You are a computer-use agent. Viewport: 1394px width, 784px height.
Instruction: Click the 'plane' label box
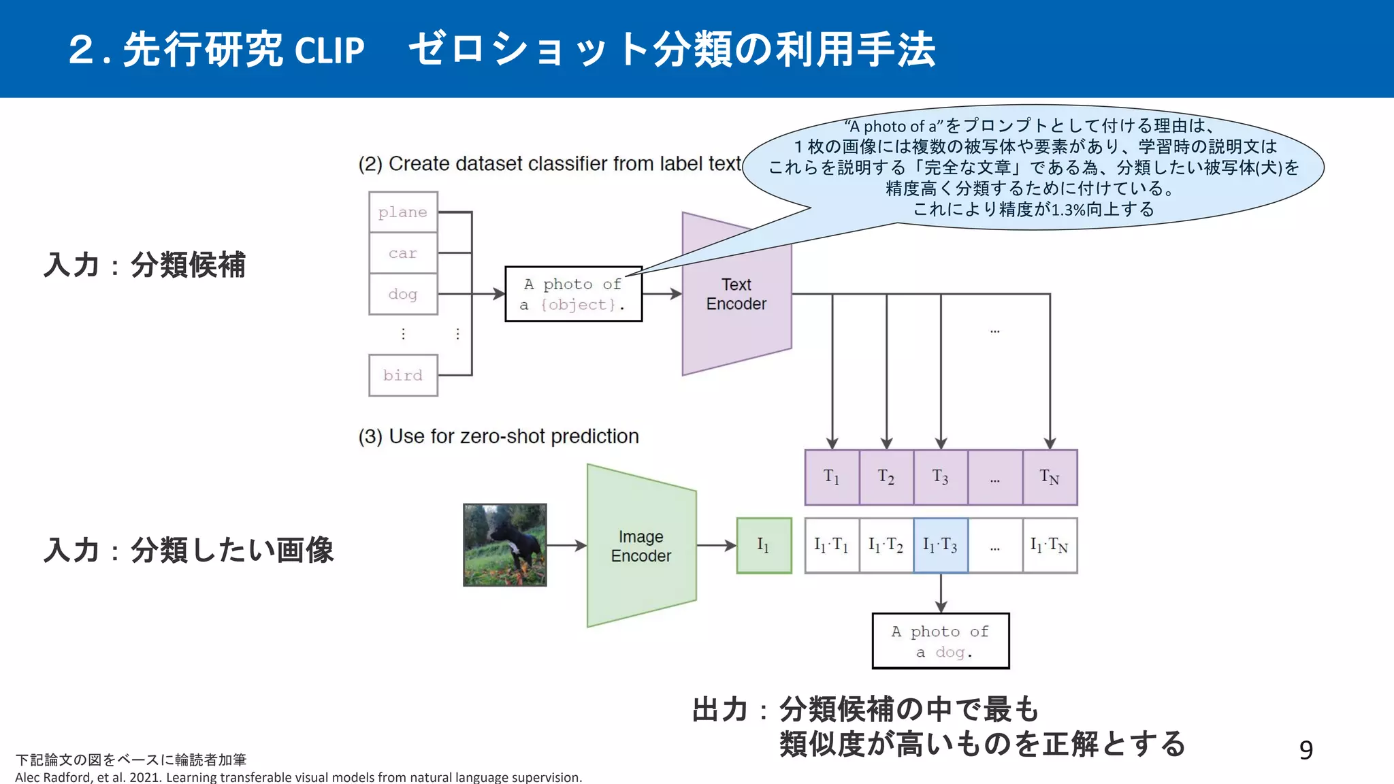403,212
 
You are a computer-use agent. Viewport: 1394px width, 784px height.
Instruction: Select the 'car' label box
403,253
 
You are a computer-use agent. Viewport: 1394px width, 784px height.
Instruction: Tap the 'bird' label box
403,375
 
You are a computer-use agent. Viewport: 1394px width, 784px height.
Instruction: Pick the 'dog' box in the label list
403,294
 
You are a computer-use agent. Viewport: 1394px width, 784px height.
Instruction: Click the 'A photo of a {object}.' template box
573,294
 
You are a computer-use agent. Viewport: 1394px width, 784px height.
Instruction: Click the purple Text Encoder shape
736,306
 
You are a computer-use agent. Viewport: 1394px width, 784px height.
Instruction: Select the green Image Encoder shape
641,546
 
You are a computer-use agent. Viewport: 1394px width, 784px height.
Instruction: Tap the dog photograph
504,545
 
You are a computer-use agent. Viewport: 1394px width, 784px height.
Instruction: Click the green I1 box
764,545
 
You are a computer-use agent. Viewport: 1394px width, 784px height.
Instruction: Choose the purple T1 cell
832,477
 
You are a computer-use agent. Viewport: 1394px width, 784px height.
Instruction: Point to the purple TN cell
1050,477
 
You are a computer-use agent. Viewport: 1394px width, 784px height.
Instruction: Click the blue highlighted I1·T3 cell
941,545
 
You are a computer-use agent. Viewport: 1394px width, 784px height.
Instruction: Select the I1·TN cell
1050,545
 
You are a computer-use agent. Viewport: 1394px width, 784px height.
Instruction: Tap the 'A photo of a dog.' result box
941,641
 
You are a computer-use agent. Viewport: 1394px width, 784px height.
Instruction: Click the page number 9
1306,750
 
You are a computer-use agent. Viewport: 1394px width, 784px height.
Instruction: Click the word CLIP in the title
330,51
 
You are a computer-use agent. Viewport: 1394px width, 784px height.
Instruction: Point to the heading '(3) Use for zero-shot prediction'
499,436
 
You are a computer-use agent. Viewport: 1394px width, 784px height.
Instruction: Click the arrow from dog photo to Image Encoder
566,545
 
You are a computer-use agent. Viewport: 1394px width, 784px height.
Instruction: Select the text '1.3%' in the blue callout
1069,210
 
